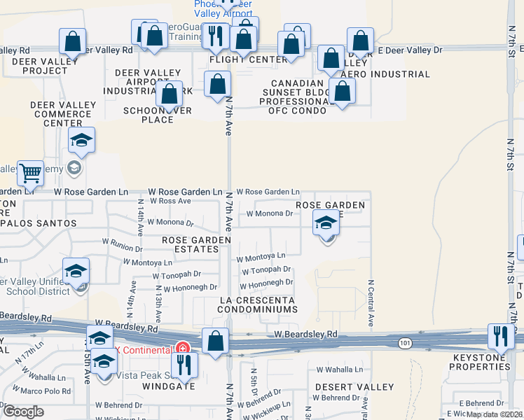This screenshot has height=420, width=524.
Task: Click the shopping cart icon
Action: click(x=30, y=171)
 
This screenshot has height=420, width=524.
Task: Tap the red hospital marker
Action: click(x=182, y=348)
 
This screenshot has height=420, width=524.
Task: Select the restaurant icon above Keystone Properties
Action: click(x=500, y=336)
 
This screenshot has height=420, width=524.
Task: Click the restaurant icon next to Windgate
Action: click(x=184, y=363)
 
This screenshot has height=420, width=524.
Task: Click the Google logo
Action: click(x=23, y=412)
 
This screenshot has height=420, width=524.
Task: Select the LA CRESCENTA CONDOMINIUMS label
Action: click(x=257, y=304)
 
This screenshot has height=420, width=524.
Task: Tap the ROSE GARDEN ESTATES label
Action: click(x=196, y=244)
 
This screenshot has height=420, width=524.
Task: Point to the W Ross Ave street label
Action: click(x=165, y=201)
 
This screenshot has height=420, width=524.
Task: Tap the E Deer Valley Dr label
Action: click(x=411, y=50)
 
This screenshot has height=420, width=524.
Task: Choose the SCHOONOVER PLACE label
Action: click(x=158, y=115)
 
